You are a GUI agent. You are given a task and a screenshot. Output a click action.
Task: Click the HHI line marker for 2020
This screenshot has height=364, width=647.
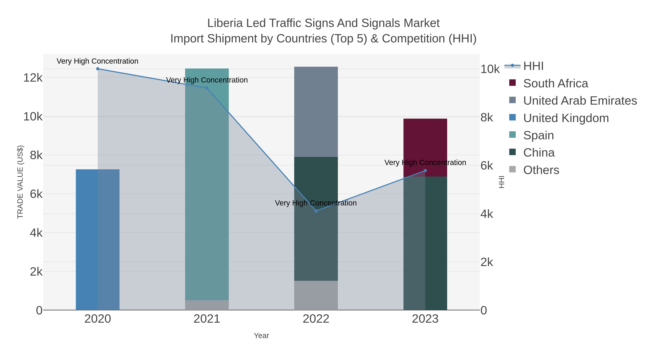point(98,69)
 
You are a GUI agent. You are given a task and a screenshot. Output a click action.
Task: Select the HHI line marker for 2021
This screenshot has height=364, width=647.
point(207,88)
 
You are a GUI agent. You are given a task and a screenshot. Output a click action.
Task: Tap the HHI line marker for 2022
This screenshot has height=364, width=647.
point(316,211)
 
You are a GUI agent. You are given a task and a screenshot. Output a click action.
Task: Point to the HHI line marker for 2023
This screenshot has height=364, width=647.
point(425,171)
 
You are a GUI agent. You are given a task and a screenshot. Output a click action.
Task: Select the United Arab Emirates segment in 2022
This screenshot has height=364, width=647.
point(316,112)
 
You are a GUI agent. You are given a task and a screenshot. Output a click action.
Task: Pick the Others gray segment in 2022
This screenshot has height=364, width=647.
point(316,295)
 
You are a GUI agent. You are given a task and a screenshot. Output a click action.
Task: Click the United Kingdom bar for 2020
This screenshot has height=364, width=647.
point(87,240)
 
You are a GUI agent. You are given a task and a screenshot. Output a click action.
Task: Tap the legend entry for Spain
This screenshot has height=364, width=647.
point(538,135)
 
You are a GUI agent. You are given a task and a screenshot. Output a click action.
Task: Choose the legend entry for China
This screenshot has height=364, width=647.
point(539,153)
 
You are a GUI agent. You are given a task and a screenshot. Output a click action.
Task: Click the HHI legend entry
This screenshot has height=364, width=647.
point(533,66)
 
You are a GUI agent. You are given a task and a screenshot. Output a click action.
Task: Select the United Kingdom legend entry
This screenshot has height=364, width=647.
point(566,118)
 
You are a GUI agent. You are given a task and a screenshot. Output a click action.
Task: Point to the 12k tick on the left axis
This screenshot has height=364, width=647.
point(33,78)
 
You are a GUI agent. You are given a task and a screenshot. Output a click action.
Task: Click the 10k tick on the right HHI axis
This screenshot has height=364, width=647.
point(490,69)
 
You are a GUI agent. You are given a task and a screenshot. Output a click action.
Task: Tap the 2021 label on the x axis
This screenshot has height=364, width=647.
point(207,319)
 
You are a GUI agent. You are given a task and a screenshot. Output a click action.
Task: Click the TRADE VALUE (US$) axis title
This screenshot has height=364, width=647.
point(20,182)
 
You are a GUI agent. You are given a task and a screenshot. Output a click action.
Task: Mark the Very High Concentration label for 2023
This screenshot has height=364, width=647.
point(425,162)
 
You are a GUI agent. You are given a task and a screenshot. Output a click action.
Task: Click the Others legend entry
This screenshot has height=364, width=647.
point(541,170)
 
